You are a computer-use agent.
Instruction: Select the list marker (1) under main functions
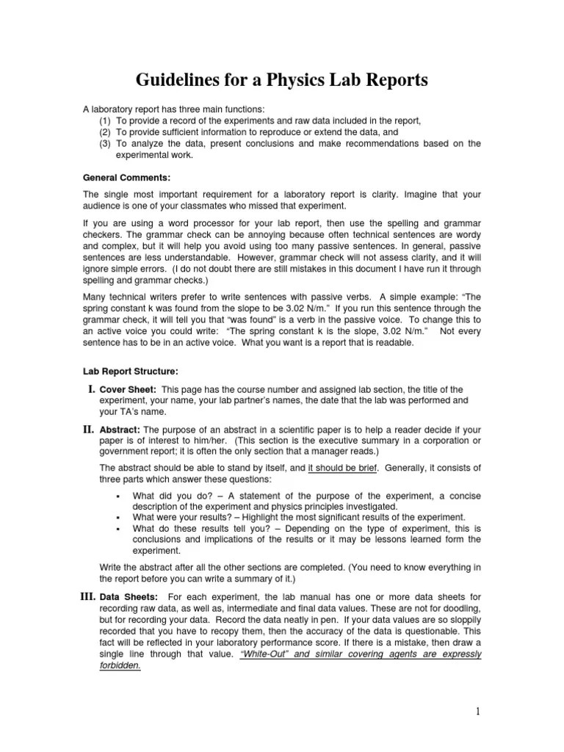click(105, 121)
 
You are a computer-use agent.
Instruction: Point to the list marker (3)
click(105, 144)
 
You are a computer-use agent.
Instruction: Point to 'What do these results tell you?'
click(198, 528)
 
